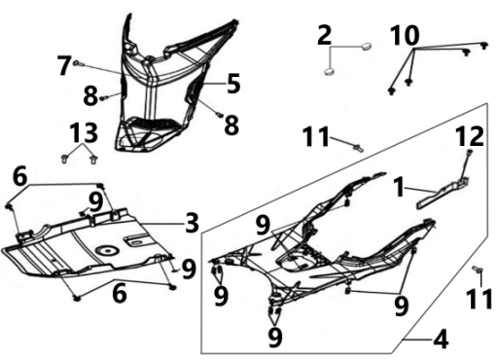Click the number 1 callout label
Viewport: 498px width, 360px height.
click(x=400, y=188)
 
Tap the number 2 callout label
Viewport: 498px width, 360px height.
click(x=325, y=35)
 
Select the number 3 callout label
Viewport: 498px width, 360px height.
click(x=192, y=223)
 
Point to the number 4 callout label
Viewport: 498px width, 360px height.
click(x=441, y=340)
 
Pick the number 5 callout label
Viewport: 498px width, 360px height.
click(x=233, y=84)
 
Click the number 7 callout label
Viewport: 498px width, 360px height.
click(x=64, y=65)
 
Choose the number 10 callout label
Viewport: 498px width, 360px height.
click(x=405, y=36)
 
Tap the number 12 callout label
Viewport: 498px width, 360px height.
click(x=470, y=136)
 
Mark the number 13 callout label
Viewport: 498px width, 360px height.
click(x=85, y=132)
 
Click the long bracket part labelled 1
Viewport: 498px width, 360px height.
click(x=443, y=193)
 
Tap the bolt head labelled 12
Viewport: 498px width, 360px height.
click(x=469, y=152)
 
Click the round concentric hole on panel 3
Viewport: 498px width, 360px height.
click(x=107, y=250)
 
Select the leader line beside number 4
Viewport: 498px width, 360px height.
click(x=417, y=340)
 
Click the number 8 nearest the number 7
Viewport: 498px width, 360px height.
click(x=90, y=96)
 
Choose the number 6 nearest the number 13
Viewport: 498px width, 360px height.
click(x=20, y=177)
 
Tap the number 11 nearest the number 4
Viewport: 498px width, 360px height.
click(x=480, y=299)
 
